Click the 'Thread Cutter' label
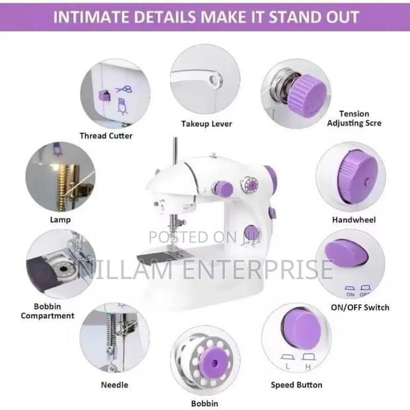(x=106, y=136)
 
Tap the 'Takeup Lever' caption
(x=206, y=124)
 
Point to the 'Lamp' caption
(x=60, y=219)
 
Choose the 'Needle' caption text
(x=114, y=384)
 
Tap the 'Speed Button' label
(x=296, y=384)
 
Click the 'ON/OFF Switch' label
(x=360, y=307)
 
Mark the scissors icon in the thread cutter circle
(x=122, y=87)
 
